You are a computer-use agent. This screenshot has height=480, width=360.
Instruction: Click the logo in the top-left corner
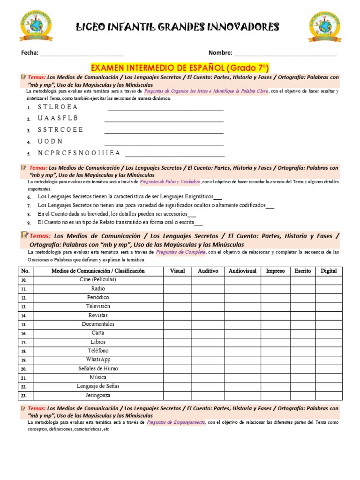pyautogui.click(x=36, y=27)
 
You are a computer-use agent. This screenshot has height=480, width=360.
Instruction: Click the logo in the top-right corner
pyautogui.click(x=324, y=27)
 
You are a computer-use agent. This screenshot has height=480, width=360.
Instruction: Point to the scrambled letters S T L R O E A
pyautogui.click(x=58, y=107)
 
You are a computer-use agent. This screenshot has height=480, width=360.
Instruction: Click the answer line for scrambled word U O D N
pyautogui.click(x=164, y=142)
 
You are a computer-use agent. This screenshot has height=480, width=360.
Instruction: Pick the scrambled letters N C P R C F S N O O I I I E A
pyautogui.click(x=79, y=153)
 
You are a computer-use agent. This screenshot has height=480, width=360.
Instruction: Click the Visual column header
pyautogui.click(x=177, y=271)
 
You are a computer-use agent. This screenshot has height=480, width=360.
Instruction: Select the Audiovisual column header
pyautogui.click(x=242, y=271)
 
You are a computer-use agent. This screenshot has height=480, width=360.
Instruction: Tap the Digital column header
pyautogui.click(x=329, y=271)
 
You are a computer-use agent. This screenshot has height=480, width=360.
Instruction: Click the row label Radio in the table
pyautogui.click(x=98, y=289)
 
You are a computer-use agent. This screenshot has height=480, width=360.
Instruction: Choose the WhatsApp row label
pyautogui.click(x=98, y=360)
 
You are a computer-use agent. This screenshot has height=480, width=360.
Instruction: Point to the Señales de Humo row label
pyautogui.click(x=98, y=368)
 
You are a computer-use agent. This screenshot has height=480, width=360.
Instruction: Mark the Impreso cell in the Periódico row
pyautogui.click(x=275, y=298)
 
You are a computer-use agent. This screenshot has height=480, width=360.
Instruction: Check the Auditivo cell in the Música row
pyautogui.click(x=208, y=377)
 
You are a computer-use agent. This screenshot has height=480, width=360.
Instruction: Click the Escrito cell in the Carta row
pyautogui.click(x=302, y=333)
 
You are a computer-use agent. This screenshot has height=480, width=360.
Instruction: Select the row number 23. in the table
pyautogui.click(x=24, y=396)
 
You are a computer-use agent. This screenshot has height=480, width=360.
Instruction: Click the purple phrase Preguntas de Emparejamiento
pyautogui.click(x=176, y=422)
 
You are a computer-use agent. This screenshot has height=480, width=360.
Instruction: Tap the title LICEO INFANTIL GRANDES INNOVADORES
pyautogui.click(x=178, y=27)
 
